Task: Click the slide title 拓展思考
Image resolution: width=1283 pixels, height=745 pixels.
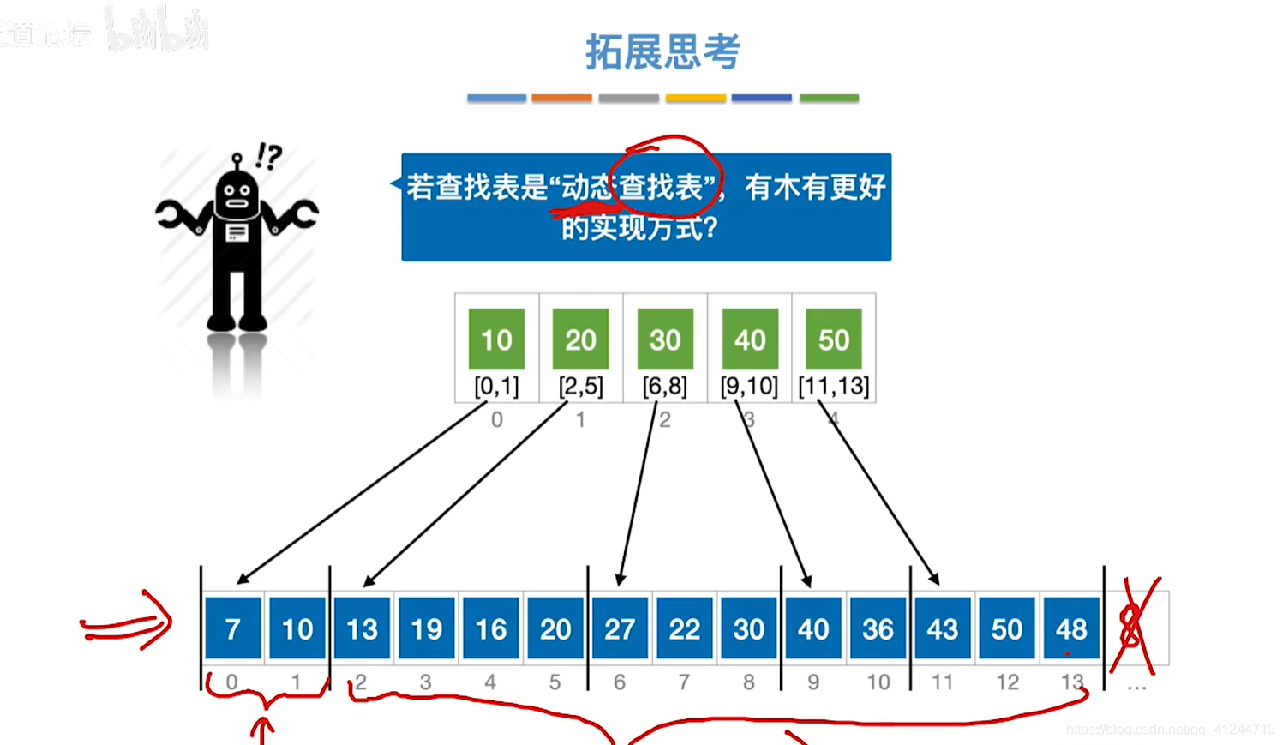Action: tap(662, 52)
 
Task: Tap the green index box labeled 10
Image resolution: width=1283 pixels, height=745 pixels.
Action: tap(496, 339)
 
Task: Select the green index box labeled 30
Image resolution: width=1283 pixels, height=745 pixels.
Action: tap(665, 339)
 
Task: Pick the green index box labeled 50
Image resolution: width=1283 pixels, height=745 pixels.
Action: tap(834, 339)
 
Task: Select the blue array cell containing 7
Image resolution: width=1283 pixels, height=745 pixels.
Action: tap(233, 628)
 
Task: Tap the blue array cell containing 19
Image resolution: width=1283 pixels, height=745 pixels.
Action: tap(426, 628)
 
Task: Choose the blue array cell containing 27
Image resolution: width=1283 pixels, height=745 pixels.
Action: tap(620, 628)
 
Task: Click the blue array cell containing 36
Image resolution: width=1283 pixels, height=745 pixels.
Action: tap(878, 628)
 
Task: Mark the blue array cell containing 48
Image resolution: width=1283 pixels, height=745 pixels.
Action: tap(1071, 628)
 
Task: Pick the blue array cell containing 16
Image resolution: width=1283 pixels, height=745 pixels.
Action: tap(491, 628)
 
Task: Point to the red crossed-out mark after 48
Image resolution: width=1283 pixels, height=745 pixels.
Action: tap(1135, 627)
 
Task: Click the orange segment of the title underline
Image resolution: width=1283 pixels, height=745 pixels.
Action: tap(561, 99)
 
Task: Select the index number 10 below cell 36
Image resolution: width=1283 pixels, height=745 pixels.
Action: tap(878, 682)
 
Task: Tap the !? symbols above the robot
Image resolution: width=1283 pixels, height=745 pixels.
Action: tap(268, 156)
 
